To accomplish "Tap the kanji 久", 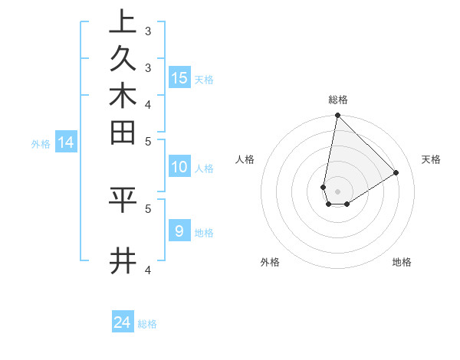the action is [123, 60].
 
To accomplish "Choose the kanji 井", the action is [123, 262].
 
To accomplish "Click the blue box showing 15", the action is [179, 77].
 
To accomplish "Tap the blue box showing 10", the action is [179, 168].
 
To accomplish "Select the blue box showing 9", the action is [179, 231].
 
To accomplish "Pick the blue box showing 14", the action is [66, 142].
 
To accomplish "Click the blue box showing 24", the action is [123, 322].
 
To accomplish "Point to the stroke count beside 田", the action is [148, 141].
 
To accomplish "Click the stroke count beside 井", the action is [148, 269].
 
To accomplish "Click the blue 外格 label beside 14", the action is [41, 143].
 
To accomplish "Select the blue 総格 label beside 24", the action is [147, 324].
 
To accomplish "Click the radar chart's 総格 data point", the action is [337, 116].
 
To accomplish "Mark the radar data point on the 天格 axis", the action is [396, 172].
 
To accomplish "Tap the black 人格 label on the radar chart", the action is [245, 159].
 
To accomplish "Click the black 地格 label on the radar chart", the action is [402, 262].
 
